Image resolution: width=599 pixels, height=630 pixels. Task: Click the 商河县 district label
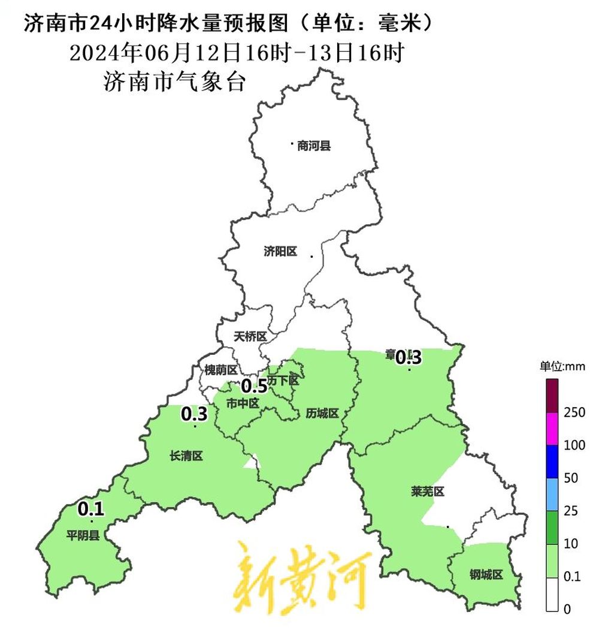pos(314,146)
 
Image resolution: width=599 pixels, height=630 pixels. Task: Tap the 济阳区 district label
pos(280,252)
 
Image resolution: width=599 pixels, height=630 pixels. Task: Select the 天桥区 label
pos(250,337)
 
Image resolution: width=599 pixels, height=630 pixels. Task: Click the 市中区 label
pos(243,404)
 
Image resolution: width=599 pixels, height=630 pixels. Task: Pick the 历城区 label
pos(322,413)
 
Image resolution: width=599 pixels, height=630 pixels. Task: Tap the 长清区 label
pos(186,457)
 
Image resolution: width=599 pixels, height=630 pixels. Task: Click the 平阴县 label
pos(83,535)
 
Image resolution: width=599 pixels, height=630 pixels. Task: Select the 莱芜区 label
pos(428,492)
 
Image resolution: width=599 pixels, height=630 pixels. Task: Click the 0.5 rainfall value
pos(254,386)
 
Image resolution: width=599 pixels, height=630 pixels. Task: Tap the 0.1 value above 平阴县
pos(92,510)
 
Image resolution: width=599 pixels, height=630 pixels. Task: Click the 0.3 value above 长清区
pos(194,414)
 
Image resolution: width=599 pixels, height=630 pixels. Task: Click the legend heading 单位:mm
pos(561,366)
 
